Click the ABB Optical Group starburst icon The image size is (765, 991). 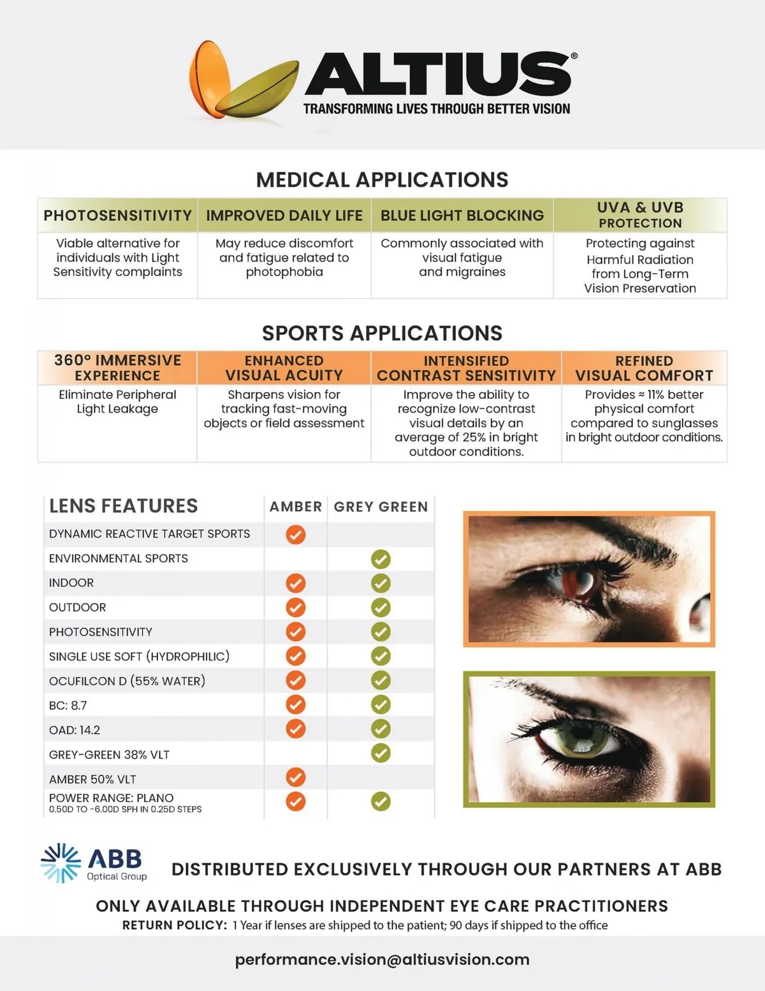pyautogui.click(x=61, y=863)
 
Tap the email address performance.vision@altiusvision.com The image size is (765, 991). pyautogui.click(x=382, y=959)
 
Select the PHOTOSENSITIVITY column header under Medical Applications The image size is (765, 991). pyautogui.click(x=117, y=216)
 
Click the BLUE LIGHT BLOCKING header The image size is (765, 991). pyautogui.click(x=462, y=216)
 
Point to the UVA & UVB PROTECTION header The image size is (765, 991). pyautogui.click(x=640, y=215)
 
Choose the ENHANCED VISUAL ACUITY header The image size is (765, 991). pyautogui.click(x=284, y=368)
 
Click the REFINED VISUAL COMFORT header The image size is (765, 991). pyautogui.click(x=644, y=368)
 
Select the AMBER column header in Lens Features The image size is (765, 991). pyautogui.click(x=295, y=507)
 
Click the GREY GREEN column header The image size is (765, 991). pyautogui.click(x=381, y=507)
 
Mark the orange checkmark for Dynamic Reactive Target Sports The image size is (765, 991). pyautogui.click(x=295, y=534)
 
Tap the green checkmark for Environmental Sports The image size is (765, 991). pyautogui.click(x=381, y=559)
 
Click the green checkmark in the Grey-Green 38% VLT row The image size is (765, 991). pyautogui.click(x=381, y=753)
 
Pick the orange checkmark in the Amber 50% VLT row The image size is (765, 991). pyautogui.click(x=295, y=777)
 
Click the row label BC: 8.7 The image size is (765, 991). pyautogui.click(x=68, y=705)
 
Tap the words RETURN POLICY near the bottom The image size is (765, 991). pyautogui.click(x=175, y=925)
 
